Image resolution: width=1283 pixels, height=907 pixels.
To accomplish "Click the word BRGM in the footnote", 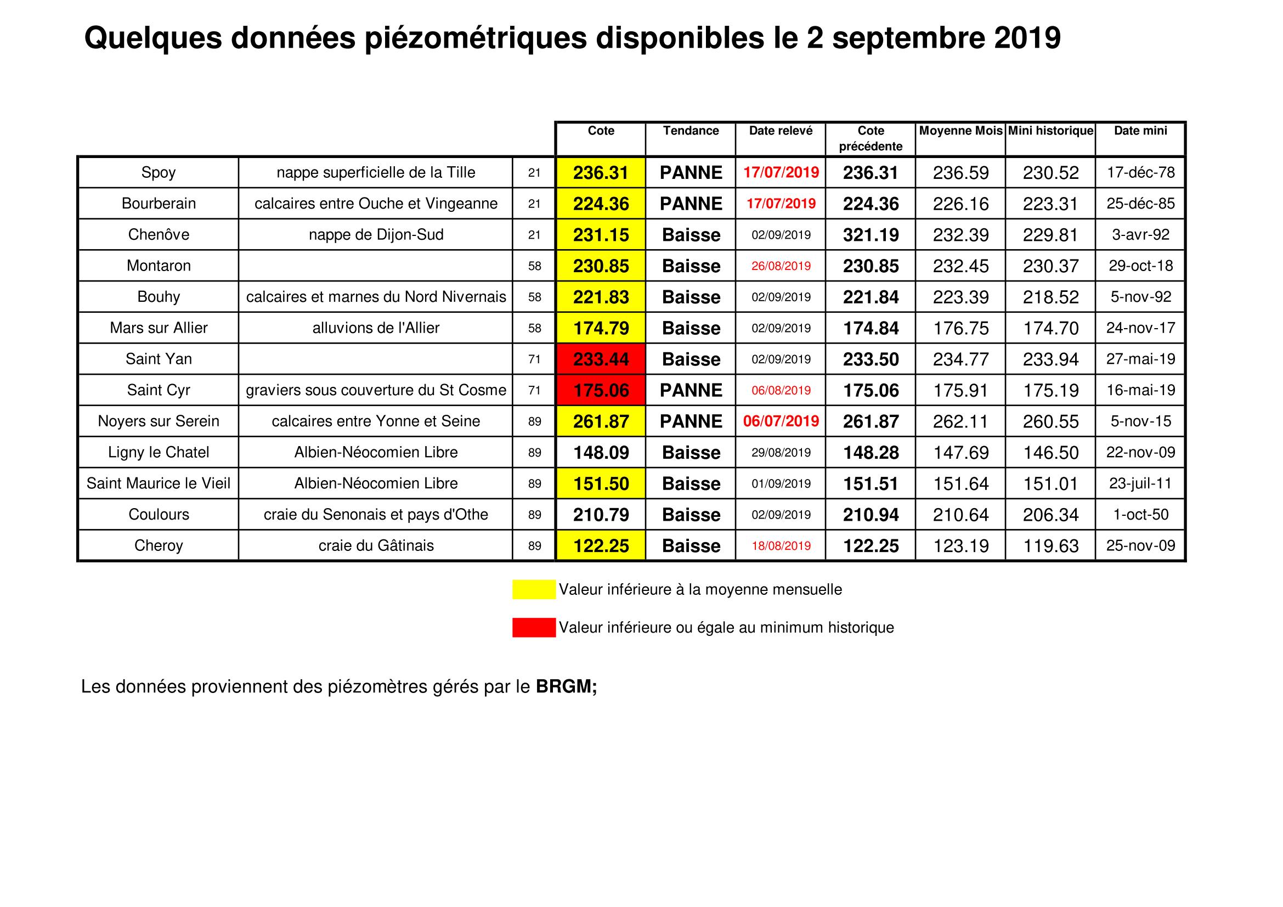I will point(564,687).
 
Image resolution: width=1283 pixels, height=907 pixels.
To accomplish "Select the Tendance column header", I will point(691,131).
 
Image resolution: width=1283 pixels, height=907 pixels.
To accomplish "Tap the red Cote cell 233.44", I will point(601,359).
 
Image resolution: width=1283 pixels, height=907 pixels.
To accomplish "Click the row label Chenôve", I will point(159,234).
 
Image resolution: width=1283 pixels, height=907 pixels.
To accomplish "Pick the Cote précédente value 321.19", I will point(871,235).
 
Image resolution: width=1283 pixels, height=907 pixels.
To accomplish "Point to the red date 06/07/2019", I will point(781,421).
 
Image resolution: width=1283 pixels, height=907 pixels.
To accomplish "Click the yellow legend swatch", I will point(534,590).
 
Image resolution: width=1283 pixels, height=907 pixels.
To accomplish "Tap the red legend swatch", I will point(534,628).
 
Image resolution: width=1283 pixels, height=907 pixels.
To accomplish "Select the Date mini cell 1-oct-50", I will point(1140,514).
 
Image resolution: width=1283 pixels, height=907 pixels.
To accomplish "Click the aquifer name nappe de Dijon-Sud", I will point(376,234).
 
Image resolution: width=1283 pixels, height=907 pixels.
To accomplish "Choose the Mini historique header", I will point(1050,131).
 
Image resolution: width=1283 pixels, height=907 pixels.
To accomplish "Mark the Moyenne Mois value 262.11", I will point(960,421).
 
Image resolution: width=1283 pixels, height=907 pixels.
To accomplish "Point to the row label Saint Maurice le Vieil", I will point(159,483).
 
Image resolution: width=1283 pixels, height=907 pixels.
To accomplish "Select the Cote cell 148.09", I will point(601,452).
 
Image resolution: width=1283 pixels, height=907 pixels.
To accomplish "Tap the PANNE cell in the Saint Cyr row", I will point(691,390).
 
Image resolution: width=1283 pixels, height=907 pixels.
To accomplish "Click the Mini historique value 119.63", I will point(1050,545).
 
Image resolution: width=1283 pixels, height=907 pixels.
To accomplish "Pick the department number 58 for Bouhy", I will point(534,297).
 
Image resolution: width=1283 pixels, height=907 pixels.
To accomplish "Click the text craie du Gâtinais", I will point(376,545).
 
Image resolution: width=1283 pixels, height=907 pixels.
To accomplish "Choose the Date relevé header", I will point(781,131).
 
